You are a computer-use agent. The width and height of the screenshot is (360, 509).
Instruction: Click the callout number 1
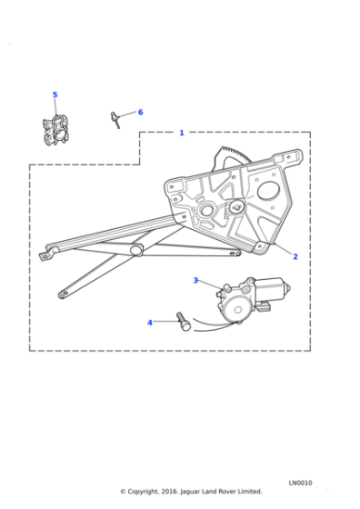(181, 133)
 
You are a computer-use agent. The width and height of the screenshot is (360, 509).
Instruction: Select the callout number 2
(295, 256)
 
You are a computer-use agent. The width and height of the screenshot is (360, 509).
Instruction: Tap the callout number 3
(195, 280)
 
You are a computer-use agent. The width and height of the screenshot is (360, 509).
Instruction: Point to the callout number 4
(150, 322)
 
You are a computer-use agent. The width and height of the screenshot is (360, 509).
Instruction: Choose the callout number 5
(55, 95)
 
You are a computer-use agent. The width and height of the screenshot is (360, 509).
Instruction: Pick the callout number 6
(140, 112)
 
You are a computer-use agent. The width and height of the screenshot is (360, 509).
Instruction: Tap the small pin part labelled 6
(116, 119)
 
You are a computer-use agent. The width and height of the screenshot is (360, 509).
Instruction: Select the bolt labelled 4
(184, 322)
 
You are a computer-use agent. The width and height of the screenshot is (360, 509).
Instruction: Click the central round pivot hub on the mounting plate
(206, 211)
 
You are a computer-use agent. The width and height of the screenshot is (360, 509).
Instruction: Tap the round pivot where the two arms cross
(136, 250)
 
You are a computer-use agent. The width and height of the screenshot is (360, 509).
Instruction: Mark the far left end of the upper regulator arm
(45, 256)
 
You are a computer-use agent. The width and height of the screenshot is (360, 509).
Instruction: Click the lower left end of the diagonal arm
(63, 294)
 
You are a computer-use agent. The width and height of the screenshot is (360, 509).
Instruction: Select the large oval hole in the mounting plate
(269, 193)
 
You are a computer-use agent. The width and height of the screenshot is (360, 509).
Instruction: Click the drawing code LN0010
(301, 483)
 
